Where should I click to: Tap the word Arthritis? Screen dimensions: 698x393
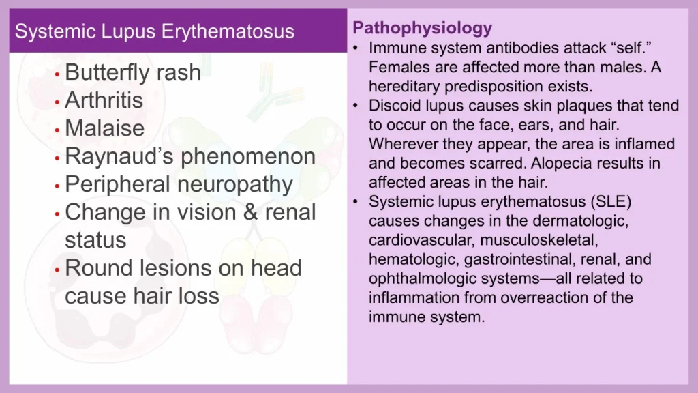pyautogui.click(x=104, y=100)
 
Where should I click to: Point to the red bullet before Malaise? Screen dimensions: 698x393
pyautogui.click(x=57, y=130)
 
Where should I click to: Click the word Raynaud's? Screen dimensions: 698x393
pyautogui.click(x=119, y=157)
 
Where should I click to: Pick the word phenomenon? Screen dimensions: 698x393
pyautogui.click(x=248, y=157)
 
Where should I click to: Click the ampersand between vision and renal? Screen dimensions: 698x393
pyautogui.click(x=251, y=212)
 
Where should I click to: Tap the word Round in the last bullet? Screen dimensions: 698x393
pyautogui.click(x=99, y=268)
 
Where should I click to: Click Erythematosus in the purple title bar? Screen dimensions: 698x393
pyautogui.click(x=228, y=31)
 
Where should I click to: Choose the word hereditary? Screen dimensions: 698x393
pyautogui.click(x=404, y=87)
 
